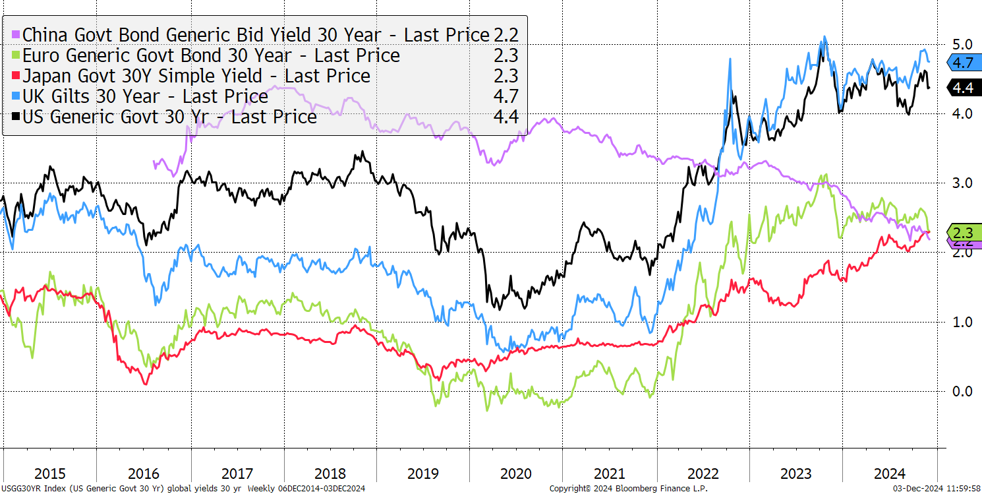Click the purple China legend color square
click(16, 35)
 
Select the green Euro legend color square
click(16, 55)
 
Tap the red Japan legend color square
click(16, 76)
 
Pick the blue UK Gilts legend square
click(16, 96)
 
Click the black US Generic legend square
click(16, 117)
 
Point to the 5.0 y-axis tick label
click(962, 44)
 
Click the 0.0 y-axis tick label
click(962, 391)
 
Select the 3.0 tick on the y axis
click(962, 183)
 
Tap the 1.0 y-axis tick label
click(962, 323)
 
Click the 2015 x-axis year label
click(50, 474)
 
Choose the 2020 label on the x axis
click(516, 474)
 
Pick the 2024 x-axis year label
click(890, 474)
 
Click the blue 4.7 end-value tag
click(964, 63)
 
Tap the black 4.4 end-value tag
click(964, 88)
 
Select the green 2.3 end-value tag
click(964, 232)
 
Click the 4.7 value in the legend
click(506, 96)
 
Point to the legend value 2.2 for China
click(506, 35)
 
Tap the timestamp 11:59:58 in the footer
click(963, 488)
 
